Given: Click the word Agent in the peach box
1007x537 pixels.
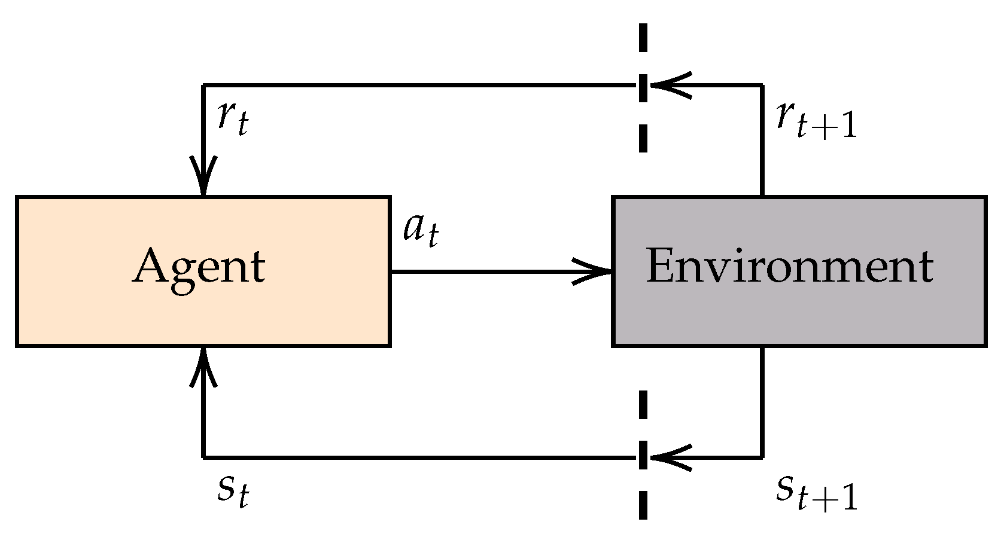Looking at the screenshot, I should [199, 268].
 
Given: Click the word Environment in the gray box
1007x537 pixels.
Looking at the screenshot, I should [789, 266].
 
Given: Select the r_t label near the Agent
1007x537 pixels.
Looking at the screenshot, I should [232, 118].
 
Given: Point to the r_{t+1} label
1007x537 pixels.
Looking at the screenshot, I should [816, 120].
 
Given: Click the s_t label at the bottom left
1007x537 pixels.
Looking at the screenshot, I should [232, 492].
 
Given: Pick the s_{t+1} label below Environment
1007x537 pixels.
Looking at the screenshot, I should [816, 493].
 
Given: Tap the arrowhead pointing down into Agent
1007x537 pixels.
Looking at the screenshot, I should [203, 177].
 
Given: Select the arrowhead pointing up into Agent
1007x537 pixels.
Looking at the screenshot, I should [203, 366].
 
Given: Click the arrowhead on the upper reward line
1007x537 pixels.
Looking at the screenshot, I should [670, 85].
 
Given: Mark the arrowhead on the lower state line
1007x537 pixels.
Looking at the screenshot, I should [670, 458].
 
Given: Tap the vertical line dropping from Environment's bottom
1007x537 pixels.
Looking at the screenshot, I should [762, 401].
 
